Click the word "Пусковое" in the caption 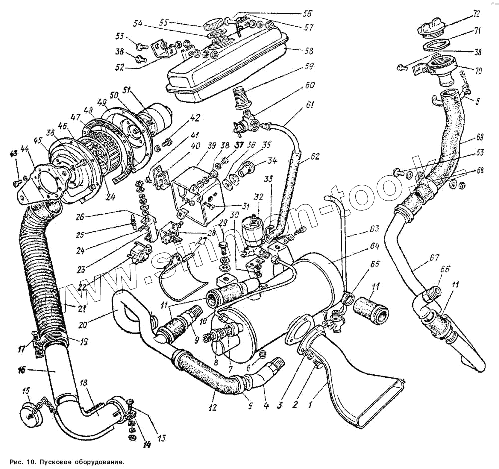[54, 462]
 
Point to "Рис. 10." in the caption [21, 462]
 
